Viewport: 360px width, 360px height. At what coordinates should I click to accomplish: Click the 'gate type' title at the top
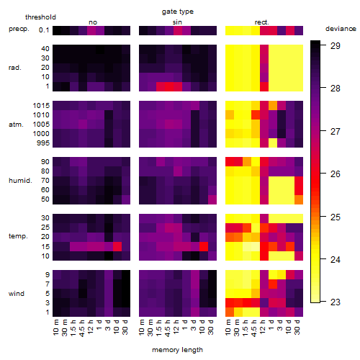178,12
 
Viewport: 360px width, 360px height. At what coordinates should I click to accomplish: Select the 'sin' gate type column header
177,22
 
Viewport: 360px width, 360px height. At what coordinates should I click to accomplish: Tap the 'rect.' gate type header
262,22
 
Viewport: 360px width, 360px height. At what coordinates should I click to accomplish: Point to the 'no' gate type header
93,22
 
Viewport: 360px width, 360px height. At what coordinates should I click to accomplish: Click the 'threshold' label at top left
40,17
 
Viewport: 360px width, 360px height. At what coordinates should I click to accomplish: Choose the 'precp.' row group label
19,29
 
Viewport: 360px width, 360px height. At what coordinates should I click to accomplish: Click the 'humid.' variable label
20,181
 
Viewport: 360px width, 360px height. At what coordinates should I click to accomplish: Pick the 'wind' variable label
17,294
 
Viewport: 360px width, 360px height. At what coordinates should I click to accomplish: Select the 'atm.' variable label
16,125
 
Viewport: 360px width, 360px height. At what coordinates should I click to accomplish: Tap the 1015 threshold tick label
41,106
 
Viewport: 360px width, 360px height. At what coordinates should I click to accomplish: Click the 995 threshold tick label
43,143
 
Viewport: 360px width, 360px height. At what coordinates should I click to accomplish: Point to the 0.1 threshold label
44,30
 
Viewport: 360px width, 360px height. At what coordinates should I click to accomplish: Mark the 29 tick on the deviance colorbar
336,45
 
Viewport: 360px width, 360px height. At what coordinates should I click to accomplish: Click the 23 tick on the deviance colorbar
336,302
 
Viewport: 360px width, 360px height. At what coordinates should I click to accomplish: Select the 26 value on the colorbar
336,174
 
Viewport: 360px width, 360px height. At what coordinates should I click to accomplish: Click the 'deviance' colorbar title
341,29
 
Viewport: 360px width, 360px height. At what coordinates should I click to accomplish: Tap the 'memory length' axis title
178,350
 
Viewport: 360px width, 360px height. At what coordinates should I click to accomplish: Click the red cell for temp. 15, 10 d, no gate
117,246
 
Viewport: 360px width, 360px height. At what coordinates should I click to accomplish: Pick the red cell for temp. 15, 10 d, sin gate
204,246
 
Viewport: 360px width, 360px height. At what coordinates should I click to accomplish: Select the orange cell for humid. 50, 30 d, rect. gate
299,199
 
